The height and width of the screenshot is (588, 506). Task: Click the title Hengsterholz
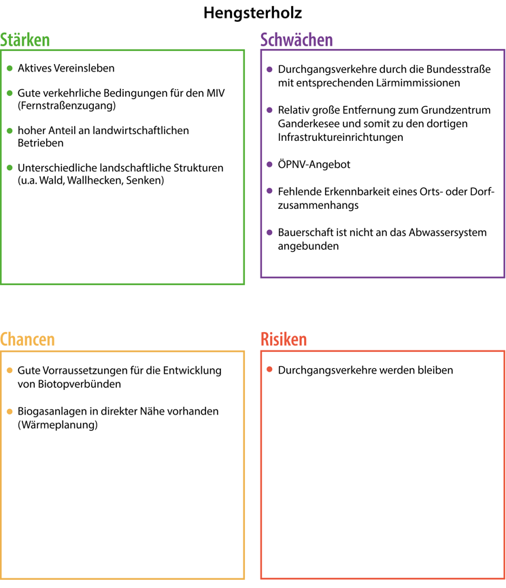252,13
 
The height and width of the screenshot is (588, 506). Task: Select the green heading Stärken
25,40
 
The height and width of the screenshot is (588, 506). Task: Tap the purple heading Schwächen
297,40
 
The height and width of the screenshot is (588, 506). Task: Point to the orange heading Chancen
27,340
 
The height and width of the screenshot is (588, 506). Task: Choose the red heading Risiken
284,340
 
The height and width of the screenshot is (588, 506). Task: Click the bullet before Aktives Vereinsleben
10,69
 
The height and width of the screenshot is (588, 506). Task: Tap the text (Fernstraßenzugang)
67,106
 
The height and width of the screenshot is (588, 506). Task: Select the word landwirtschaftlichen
141,130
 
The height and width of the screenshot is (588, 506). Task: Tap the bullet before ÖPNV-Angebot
270,165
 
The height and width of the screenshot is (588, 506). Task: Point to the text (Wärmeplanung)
58,425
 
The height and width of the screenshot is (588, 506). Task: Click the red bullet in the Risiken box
270,370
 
